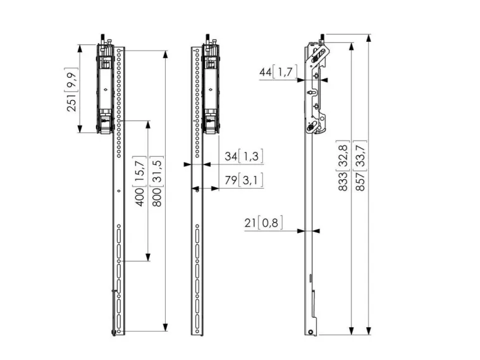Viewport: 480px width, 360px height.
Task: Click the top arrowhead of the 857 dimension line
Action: coord(369,38)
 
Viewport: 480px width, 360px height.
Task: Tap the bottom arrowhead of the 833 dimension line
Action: coord(352,331)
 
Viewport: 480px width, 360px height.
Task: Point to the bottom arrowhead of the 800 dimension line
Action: coord(165,327)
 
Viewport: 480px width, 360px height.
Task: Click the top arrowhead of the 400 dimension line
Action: coord(148,125)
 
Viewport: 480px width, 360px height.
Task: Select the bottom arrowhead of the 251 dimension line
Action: coord(80,128)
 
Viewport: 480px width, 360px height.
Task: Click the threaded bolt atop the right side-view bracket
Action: coord(323,39)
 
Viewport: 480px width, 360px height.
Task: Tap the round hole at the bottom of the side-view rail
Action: coord(311,332)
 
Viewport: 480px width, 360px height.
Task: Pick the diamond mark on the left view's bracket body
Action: coord(106,90)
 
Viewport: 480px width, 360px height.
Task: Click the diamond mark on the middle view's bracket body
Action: coord(211,90)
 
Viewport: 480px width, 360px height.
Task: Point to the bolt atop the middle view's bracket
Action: coord(207,39)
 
